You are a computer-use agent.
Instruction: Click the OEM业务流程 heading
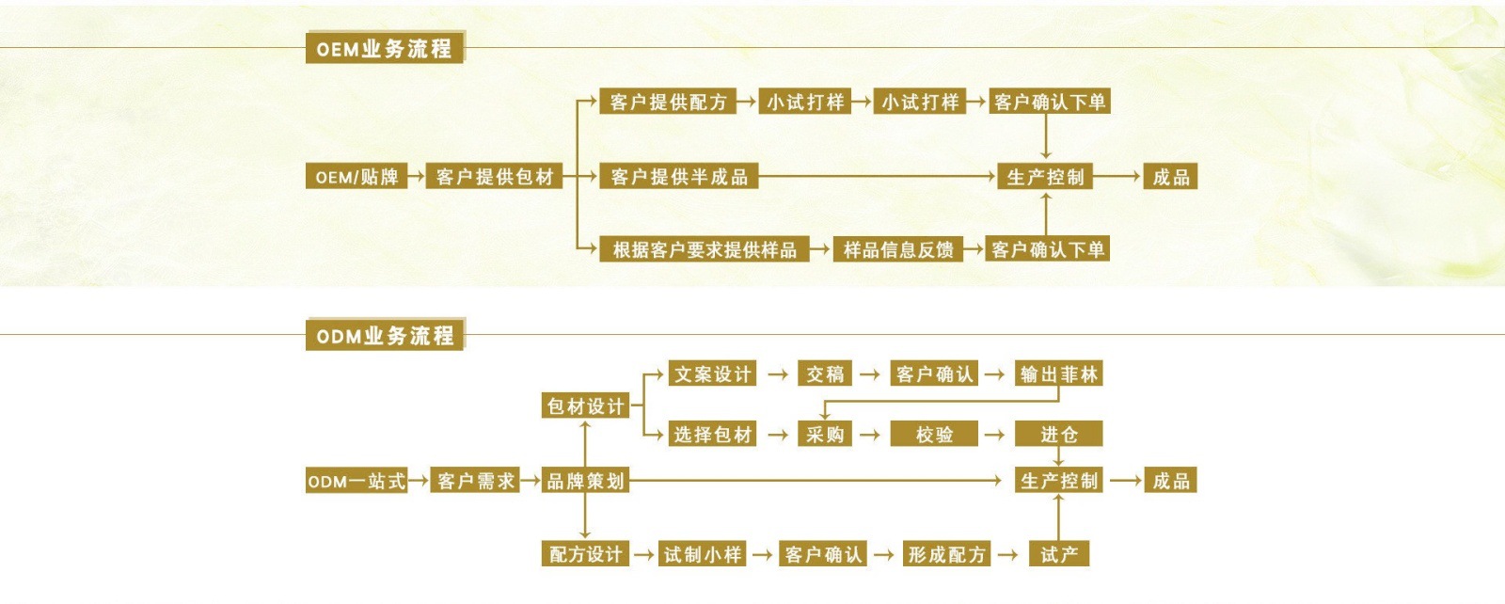[384, 49]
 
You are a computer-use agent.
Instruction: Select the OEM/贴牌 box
[356, 177]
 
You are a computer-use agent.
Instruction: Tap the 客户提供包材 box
[495, 177]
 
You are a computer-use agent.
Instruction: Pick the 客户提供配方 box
[668, 102]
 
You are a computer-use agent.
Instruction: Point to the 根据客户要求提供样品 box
[705, 249]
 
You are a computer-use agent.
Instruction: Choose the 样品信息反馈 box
[898, 249]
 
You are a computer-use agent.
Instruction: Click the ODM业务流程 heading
[385, 336]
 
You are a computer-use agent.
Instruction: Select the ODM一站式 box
[356, 481]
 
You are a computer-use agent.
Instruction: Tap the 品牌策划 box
[585, 481]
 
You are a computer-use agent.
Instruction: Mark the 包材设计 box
[585, 405]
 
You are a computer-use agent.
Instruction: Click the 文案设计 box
[712, 374]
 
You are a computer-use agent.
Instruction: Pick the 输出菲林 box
[1059, 374]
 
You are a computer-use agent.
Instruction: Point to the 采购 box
[825, 434]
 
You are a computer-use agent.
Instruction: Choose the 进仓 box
[1058, 434]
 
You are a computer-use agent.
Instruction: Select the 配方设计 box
[585, 554]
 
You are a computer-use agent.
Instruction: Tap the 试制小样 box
[703, 554]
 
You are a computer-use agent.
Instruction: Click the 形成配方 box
[946, 554]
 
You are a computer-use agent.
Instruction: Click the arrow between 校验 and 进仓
[994, 435]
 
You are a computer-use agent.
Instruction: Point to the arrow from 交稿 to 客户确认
[870, 374]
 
